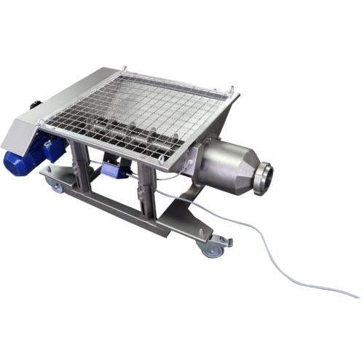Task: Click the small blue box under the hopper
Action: [x=113, y=170]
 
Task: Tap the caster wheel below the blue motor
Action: [x=55, y=187]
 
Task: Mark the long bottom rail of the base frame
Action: [x=138, y=218]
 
